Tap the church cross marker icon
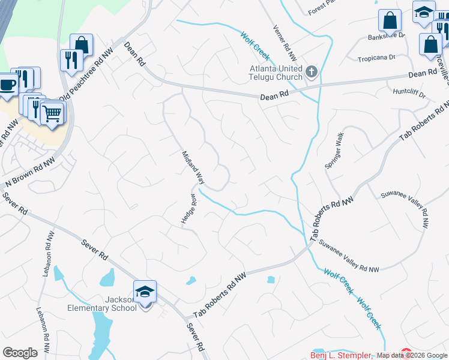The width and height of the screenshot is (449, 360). coord(311,73)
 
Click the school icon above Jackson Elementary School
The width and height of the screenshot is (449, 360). coord(145,292)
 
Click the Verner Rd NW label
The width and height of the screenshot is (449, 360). coord(285,43)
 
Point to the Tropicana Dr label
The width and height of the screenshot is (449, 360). coord(376,58)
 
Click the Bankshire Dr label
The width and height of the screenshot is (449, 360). coord(386,37)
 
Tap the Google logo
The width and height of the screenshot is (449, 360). coord(20,353)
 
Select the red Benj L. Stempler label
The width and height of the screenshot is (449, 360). coord(340,355)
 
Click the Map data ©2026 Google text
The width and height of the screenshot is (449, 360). coord(412,355)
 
